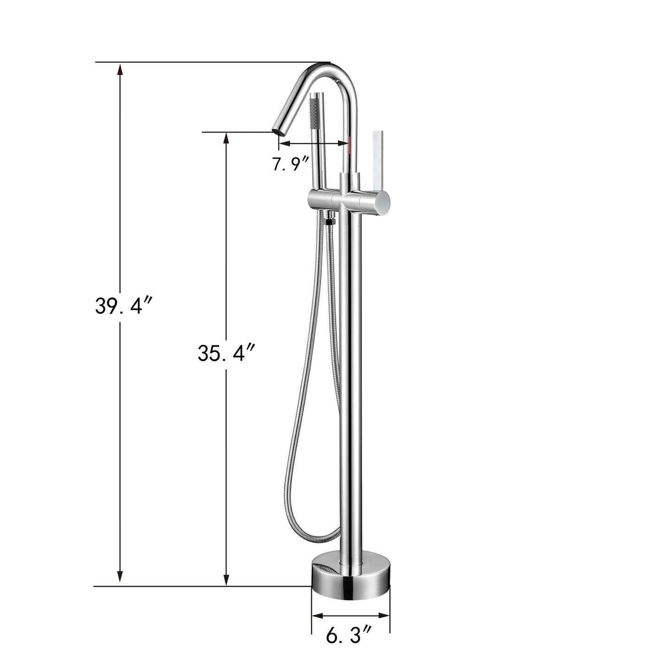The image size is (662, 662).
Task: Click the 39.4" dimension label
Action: click(x=122, y=306)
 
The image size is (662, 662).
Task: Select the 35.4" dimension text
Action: click(x=226, y=353)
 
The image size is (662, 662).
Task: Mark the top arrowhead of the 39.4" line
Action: click(x=120, y=69)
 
